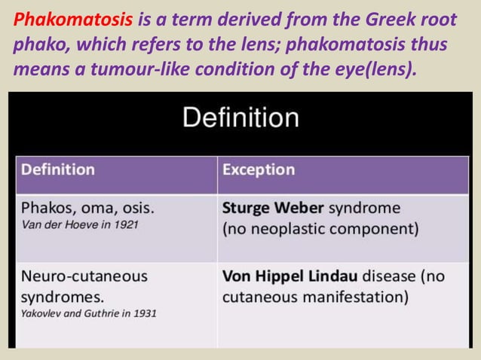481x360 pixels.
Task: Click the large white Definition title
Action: pos(240,117)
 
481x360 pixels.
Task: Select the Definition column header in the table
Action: pos(58,169)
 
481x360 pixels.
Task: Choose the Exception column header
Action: pos(258,169)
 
